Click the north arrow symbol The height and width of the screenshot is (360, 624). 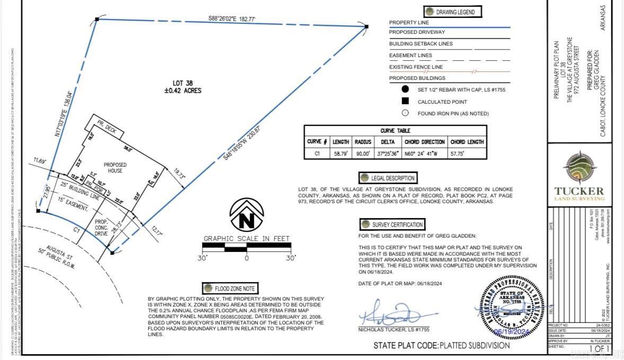pos(247,214)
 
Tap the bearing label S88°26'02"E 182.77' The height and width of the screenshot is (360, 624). pos(231,19)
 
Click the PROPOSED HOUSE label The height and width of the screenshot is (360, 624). pos(115,168)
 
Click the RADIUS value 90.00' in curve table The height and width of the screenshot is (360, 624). pos(363,154)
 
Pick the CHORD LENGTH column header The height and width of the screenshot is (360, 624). pos(467,142)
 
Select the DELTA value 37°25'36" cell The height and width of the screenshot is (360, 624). pos(389,154)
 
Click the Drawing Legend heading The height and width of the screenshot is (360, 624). pos(449,12)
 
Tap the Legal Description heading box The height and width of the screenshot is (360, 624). pos(388,178)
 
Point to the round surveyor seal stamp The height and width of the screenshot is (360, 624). pos(512,307)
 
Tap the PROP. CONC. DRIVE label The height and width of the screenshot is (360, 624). pos(102,228)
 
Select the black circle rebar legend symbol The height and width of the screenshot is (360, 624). pos(405,89)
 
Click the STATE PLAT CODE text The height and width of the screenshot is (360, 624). pos(441,346)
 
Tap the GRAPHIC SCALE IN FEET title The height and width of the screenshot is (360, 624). pos(247,239)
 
